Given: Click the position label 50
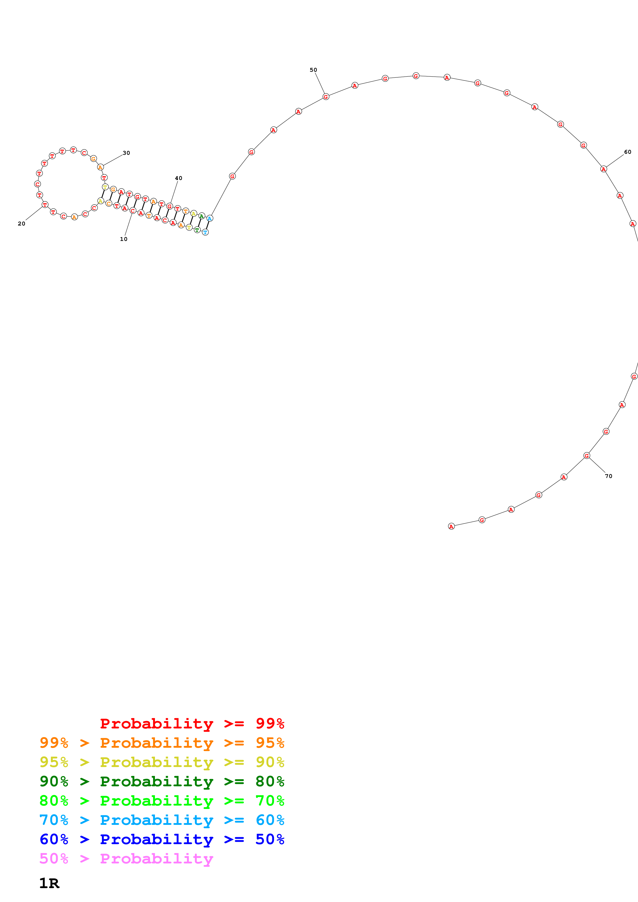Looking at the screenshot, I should [313, 70].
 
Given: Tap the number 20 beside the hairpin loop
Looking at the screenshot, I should [22, 223].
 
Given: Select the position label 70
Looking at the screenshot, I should [608, 476].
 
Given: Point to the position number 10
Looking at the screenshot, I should [124, 239].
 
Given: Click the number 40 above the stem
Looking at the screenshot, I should [178, 178].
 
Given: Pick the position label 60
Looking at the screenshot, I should [628, 152].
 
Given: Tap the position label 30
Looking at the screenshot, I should [126, 153].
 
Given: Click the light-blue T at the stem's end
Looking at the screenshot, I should [205, 232].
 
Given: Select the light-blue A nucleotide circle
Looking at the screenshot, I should [210, 218].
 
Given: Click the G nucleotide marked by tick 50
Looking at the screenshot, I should [326, 97].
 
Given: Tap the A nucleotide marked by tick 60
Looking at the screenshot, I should [604, 169].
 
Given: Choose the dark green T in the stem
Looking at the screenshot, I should [197, 230].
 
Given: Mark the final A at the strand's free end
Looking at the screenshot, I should [451, 526].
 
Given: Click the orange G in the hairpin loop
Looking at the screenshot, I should [93, 159].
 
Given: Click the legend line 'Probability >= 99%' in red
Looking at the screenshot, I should [192, 724].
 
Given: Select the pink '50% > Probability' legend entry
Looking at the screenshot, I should [126, 859].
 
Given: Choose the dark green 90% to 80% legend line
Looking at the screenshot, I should [162, 781].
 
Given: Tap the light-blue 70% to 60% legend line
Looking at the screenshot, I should [162, 820].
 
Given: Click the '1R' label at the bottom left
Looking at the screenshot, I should [49, 883].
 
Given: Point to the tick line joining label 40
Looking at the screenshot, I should [174, 192].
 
